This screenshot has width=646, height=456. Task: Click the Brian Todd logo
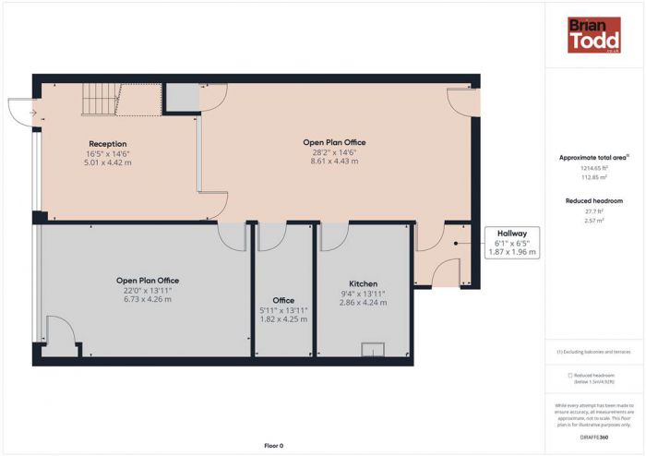[593, 34]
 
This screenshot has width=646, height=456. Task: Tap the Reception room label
[108, 143]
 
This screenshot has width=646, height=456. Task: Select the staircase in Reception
[99, 99]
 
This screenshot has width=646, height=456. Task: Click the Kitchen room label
[363, 283]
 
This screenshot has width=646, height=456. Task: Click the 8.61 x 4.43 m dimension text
[334, 162]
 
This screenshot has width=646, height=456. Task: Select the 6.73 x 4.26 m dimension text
[148, 299]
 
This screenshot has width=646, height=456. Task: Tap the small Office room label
[283, 300]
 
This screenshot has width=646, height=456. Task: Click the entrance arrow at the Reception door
[31, 113]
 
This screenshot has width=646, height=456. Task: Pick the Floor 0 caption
[273, 445]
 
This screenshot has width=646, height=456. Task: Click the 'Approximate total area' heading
[592, 158]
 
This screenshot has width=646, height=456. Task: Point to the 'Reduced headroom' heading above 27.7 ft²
[594, 200]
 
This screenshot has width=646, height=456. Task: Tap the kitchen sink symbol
[374, 348]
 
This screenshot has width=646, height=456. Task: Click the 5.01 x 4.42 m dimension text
[108, 162]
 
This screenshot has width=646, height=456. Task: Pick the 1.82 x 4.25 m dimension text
[284, 319]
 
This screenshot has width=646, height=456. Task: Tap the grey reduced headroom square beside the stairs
[181, 97]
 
